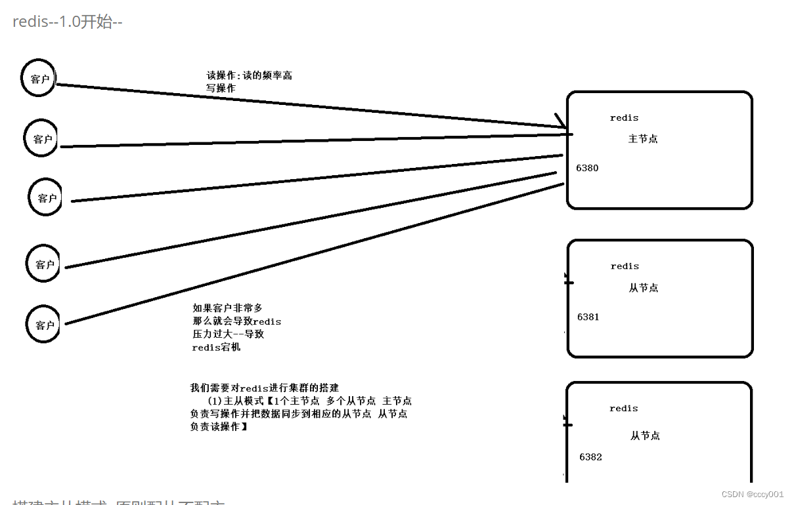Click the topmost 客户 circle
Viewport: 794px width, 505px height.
(39, 79)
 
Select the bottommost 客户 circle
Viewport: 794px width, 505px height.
(43, 325)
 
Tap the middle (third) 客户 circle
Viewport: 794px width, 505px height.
(46, 198)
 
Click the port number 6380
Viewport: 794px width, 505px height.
(587, 168)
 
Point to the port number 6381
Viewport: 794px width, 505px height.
(588, 317)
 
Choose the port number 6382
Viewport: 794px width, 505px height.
(590, 457)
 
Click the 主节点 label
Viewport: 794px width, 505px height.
(643, 139)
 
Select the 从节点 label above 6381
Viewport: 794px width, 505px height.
(643, 288)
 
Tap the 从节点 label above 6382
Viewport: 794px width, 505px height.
(645, 435)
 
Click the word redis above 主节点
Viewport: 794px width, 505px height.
(624, 118)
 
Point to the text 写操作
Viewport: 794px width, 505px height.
(221, 88)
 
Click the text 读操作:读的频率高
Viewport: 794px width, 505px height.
(250, 75)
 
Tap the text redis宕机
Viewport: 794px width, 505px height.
(216, 347)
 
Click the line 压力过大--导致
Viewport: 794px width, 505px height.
(228, 334)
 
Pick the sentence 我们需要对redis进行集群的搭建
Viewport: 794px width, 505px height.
(265, 388)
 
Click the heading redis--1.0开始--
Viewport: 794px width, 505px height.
(68, 22)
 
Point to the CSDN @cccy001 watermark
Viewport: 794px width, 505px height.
(753, 494)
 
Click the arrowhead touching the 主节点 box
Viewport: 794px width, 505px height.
(562, 122)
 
